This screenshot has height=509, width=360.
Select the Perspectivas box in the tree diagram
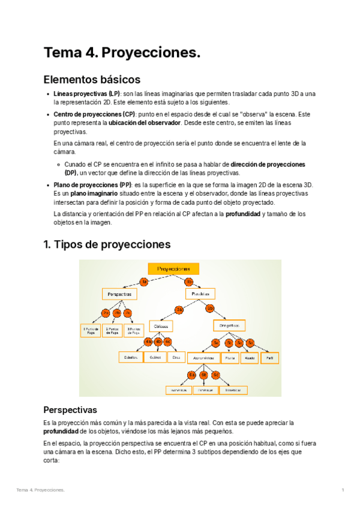[x=119, y=295]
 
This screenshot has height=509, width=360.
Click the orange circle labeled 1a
[x=143, y=281]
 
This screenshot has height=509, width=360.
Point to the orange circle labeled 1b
[x=188, y=281]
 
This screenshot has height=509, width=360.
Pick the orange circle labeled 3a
[x=179, y=310]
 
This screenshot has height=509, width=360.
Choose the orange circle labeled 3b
[x=209, y=310]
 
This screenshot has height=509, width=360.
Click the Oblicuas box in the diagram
[x=160, y=326]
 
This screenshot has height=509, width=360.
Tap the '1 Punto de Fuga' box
[x=91, y=331]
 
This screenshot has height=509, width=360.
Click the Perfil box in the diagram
[x=269, y=357]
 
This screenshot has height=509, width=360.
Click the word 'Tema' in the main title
[x=64, y=53]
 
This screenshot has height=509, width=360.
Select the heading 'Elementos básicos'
[x=92, y=79]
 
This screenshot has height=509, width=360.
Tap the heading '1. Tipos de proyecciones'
[x=107, y=244]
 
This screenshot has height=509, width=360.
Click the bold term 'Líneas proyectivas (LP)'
[x=86, y=94]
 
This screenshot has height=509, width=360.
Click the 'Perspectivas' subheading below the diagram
[x=70, y=410]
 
